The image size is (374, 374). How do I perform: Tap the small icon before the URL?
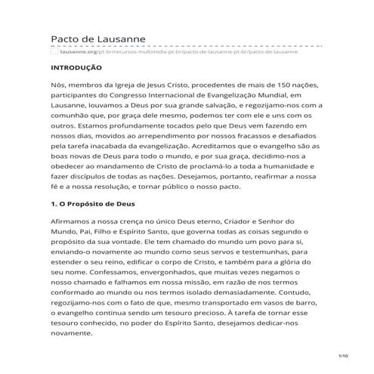(54, 52)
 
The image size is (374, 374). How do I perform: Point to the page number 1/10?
(342, 354)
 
